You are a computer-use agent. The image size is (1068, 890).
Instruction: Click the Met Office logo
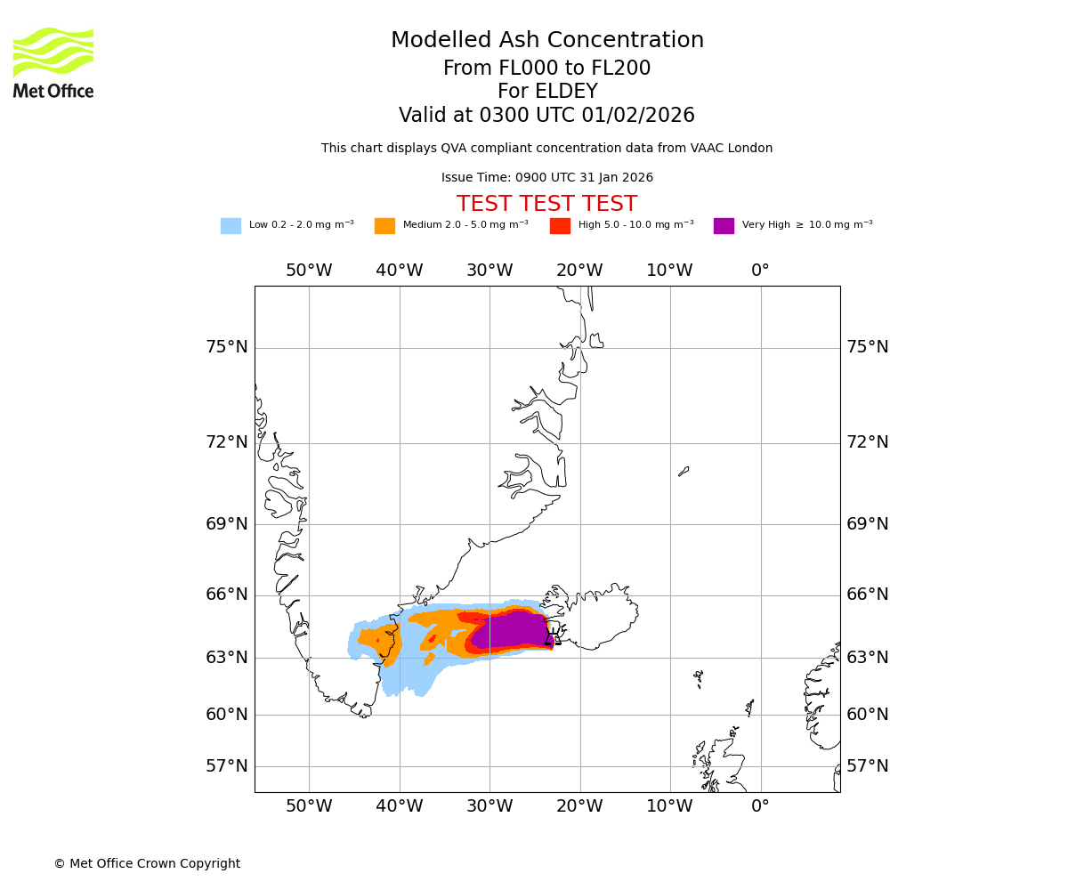53,62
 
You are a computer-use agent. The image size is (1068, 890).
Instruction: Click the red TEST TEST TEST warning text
546,205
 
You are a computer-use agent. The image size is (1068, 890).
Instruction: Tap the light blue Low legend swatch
231,226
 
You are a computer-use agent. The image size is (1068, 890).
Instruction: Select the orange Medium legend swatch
384,226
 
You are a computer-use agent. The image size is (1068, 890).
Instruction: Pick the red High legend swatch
560,226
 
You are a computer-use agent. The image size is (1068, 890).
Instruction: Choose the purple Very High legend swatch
724,226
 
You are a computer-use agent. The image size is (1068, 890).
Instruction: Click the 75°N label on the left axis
227,347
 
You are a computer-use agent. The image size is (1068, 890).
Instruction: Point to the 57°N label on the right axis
867,766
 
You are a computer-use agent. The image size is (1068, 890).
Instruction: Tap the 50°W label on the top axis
309,271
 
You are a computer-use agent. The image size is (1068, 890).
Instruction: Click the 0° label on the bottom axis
760,806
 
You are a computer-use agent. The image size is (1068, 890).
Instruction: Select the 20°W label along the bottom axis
579,806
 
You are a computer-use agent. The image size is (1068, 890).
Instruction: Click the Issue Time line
546,178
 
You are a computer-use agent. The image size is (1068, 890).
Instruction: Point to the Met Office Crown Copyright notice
147,863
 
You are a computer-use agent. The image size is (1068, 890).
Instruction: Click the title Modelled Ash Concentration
546,41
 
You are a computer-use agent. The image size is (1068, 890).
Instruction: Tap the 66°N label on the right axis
867,595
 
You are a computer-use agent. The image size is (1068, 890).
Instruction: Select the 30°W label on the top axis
489,271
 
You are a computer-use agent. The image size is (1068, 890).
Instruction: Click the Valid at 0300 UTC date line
546,116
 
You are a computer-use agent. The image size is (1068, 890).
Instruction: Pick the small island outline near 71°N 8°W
684,471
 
